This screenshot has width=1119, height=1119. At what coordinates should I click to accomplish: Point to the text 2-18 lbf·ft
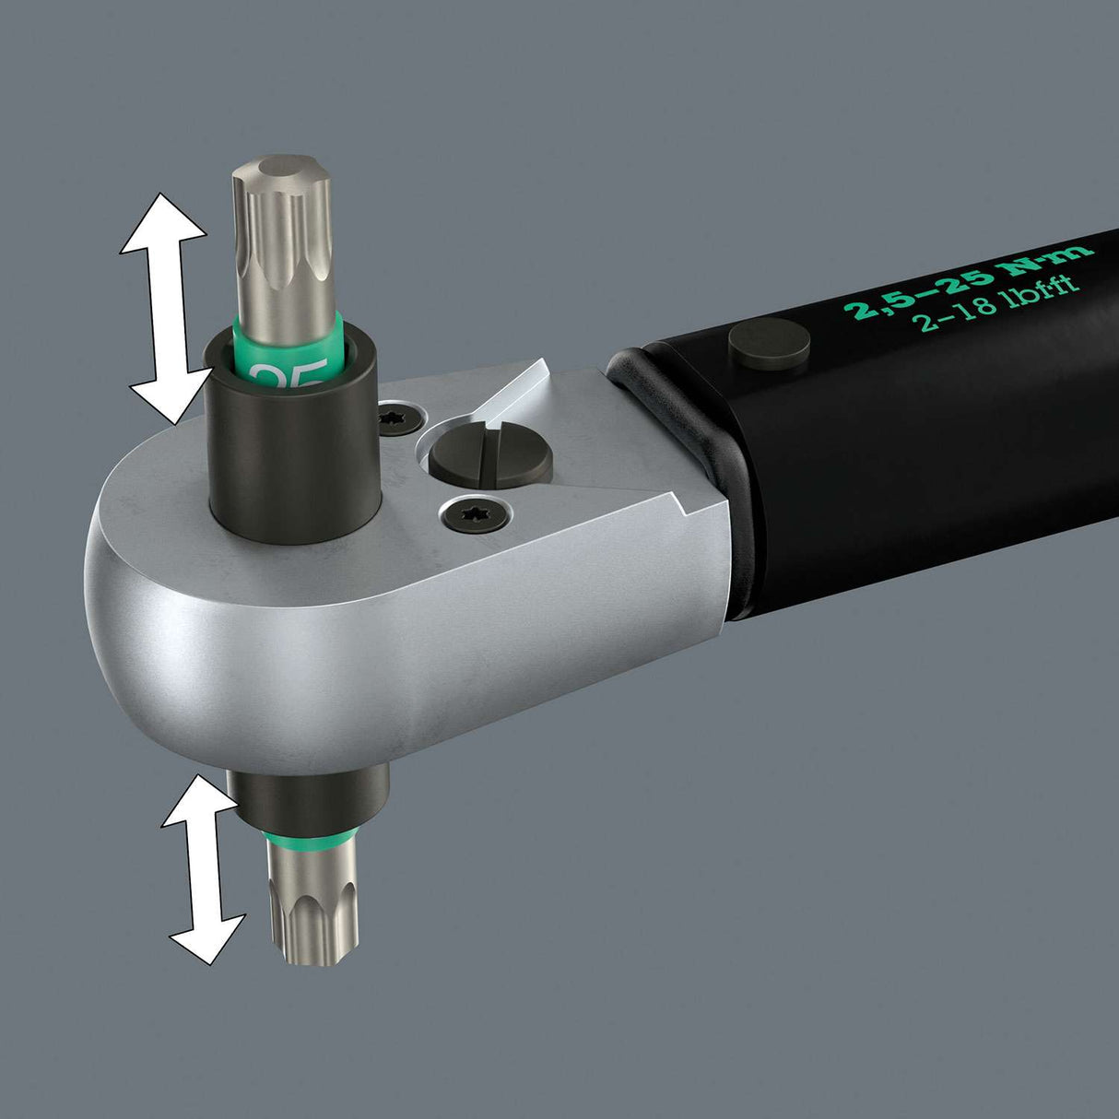click(995, 300)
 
